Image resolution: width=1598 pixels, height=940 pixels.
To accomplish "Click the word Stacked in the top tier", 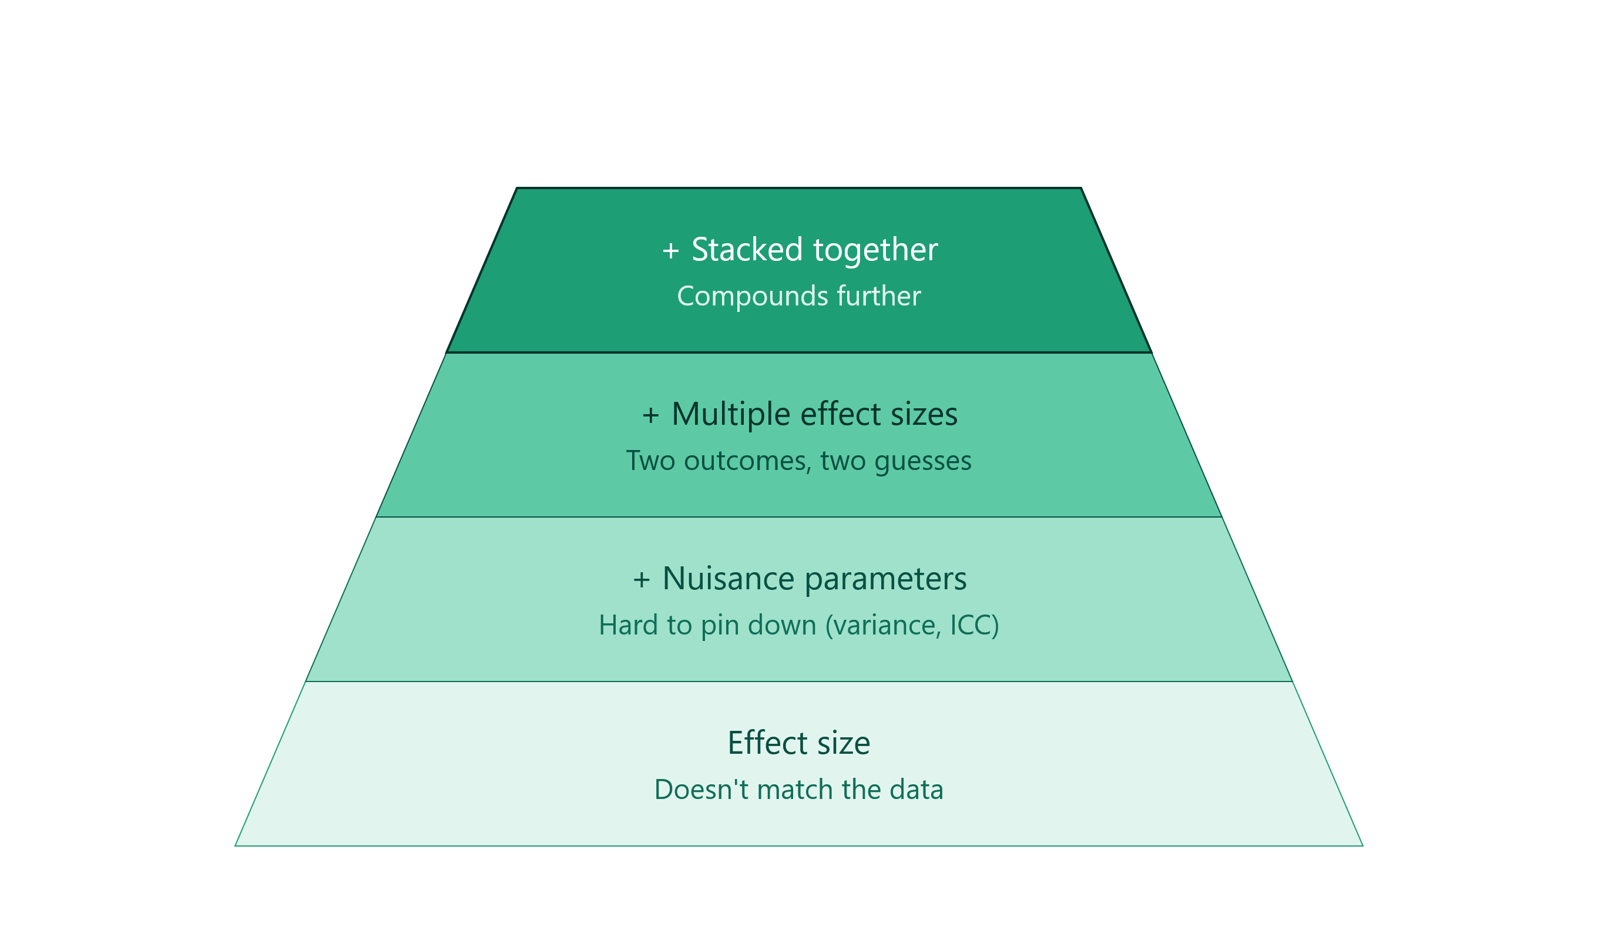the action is pyautogui.click(x=747, y=249).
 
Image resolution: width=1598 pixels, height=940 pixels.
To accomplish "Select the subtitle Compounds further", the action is pyautogui.click(x=799, y=296).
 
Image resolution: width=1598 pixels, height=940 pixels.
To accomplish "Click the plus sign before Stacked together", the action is pyautogui.click(x=670, y=251).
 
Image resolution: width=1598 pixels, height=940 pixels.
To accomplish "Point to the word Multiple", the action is pyautogui.click(x=730, y=415).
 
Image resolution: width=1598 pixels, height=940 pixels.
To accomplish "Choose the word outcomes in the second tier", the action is pyautogui.click(x=748, y=461).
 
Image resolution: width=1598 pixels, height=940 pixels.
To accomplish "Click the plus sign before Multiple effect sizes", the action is pyautogui.click(x=650, y=415).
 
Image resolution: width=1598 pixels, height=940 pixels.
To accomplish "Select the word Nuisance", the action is pyautogui.click(x=728, y=579).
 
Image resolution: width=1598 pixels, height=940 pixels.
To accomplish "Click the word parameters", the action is pyautogui.click(x=886, y=580).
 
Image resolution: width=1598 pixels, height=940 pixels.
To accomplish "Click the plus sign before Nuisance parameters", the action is pyautogui.click(x=642, y=580).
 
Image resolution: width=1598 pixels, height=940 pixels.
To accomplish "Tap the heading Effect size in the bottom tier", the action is pyautogui.click(x=799, y=743).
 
